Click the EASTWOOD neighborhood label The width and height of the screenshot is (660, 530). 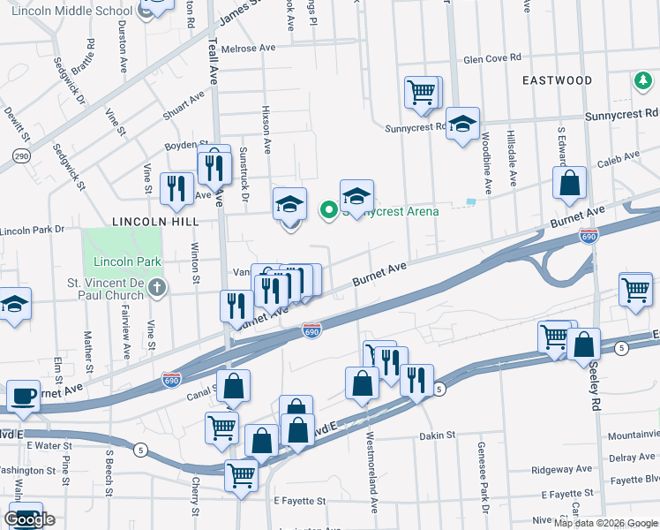[557, 80]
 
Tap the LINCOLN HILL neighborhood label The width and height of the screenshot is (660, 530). [154, 221]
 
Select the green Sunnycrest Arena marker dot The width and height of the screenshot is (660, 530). [329, 209]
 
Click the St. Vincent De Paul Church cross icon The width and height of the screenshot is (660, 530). [157, 287]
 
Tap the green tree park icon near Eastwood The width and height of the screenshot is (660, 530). [642, 81]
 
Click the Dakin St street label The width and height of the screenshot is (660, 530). [437, 435]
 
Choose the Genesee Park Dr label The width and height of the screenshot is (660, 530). [483, 477]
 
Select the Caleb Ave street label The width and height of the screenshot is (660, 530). [619, 156]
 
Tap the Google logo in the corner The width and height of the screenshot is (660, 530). [29, 519]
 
